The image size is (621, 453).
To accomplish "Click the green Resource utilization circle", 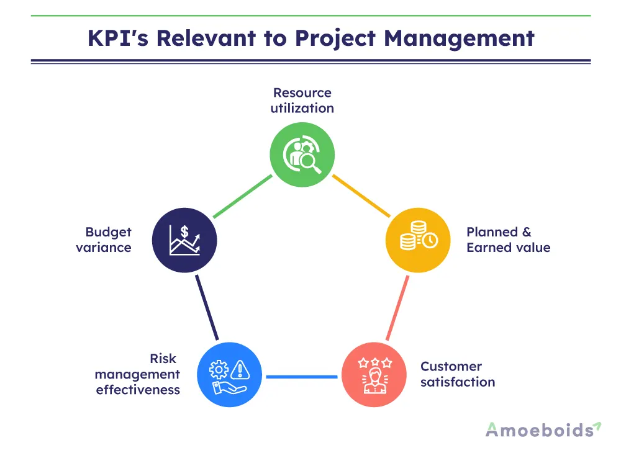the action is coord(302,155).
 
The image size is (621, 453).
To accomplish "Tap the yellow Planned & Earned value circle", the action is coord(418,240).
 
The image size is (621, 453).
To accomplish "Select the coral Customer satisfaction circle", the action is coord(374,375).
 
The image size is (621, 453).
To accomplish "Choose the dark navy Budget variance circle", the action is coord(184,240).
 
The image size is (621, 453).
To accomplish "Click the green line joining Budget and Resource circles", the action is coord(242,196).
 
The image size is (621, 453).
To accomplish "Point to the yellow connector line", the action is coord(361,196).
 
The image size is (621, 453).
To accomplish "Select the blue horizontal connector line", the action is coord(302,376).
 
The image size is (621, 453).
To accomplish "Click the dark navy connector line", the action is coord(206,308).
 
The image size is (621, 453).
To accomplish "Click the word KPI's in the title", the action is coord(117,38).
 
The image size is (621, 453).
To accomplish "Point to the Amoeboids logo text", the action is coord(538,429).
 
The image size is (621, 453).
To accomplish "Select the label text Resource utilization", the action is coord(302,101).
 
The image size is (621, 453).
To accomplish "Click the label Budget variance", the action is coord(107,240).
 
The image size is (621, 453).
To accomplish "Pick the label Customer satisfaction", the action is coord(458,374).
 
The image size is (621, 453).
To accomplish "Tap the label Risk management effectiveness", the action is coord(138,374).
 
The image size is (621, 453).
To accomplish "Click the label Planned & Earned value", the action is coord(508,240).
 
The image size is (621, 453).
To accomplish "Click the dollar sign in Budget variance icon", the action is coord(184,231).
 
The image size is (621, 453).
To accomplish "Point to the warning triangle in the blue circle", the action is coord(239,370).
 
